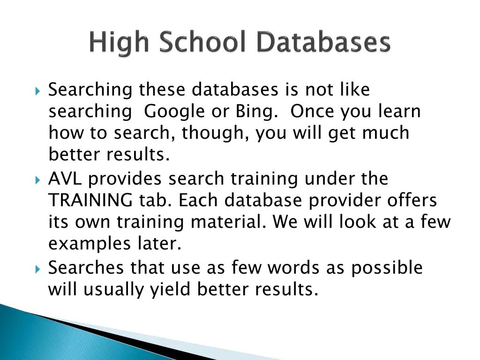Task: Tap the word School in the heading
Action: click(202, 43)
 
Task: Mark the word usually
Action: click(114, 290)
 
